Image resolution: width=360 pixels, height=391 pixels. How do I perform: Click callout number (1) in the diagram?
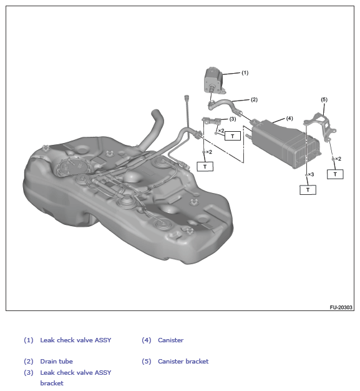(x=245, y=73)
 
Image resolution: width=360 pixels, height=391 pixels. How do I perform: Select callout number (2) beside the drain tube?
(x=254, y=99)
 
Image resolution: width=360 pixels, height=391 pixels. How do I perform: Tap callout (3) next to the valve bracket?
(x=233, y=119)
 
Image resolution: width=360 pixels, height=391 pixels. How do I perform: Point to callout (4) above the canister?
(x=289, y=118)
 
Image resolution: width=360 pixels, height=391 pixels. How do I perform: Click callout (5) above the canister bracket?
(x=324, y=99)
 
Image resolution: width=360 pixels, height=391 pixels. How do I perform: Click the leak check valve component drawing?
(x=214, y=81)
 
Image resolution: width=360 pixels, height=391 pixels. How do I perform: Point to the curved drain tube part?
(x=224, y=106)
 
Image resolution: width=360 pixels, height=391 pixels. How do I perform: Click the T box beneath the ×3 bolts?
(x=308, y=190)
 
